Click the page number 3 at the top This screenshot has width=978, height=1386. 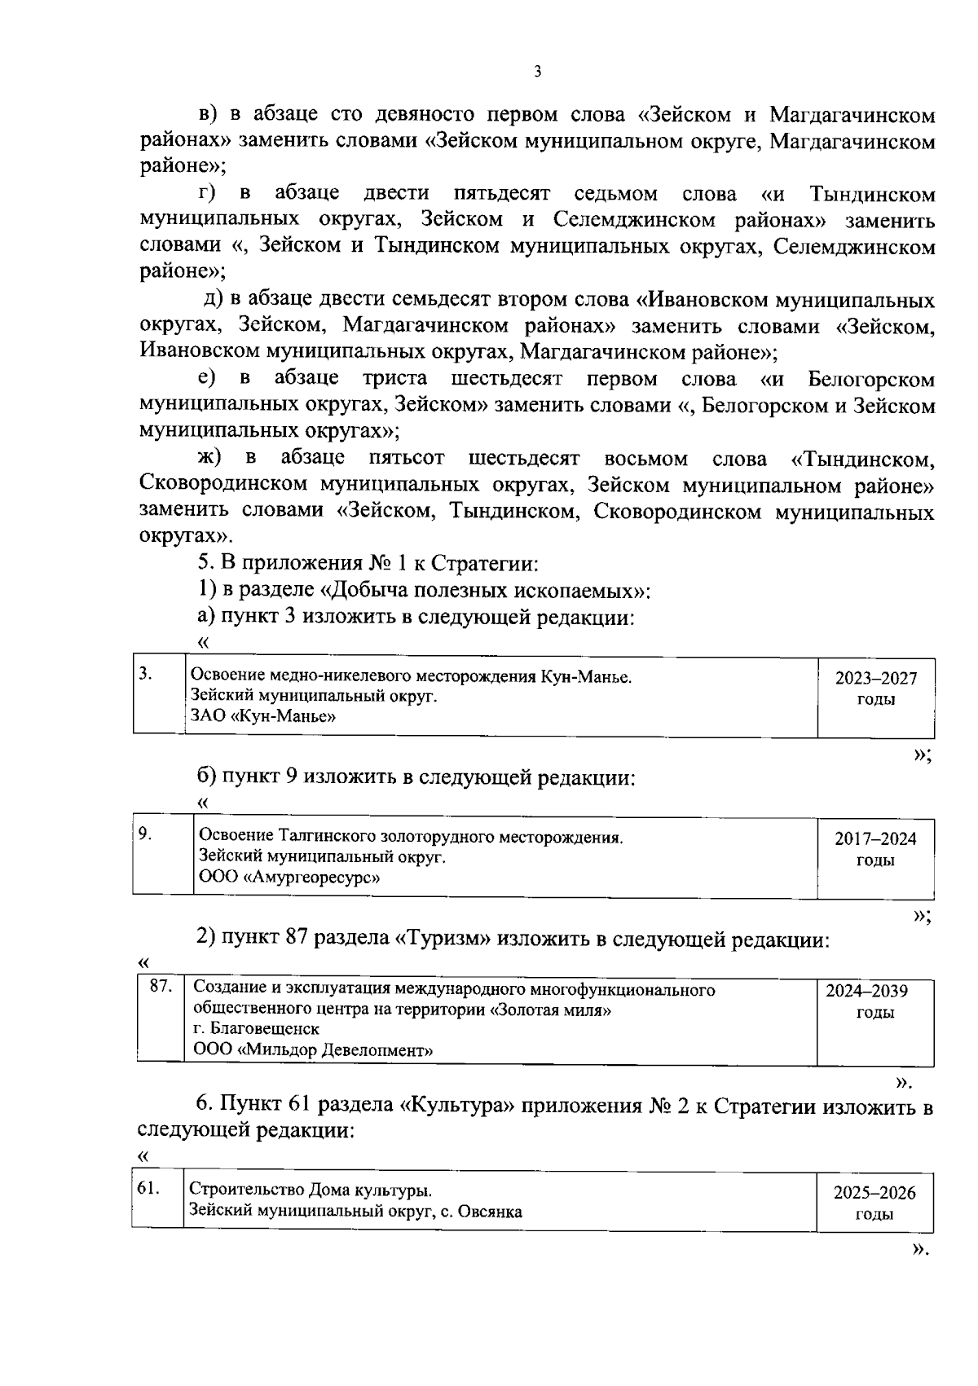(x=537, y=72)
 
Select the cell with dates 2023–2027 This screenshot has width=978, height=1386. (x=875, y=689)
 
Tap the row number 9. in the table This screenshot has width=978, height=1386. (x=144, y=833)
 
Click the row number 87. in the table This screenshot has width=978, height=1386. (x=161, y=987)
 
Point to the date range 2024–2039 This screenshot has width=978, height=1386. (x=867, y=992)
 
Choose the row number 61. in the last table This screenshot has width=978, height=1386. (x=147, y=1188)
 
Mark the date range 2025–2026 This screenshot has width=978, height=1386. (x=874, y=1193)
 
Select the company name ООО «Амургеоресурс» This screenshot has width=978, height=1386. (x=289, y=878)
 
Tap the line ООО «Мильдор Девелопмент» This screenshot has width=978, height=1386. (x=313, y=1050)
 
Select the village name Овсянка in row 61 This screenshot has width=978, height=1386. (x=490, y=1211)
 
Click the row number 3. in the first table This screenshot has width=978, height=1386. (x=145, y=673)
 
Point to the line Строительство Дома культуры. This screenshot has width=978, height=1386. (x=311, y=1190)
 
